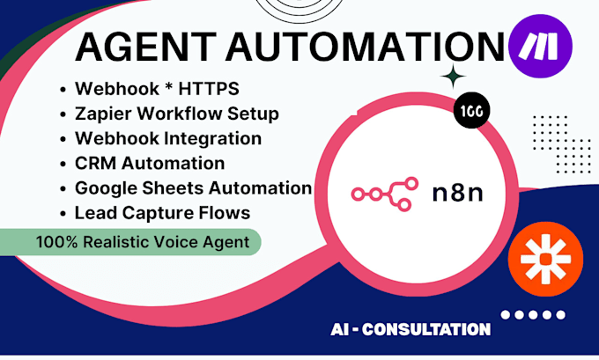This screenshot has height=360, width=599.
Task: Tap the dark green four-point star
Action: [455, 78]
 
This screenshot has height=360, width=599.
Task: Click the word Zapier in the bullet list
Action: [100, 114]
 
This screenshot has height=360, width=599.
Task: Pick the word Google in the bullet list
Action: [104, 187]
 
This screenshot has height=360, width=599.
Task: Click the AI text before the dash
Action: [340, 329]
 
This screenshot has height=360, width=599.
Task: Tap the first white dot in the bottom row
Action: [506, 314]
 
